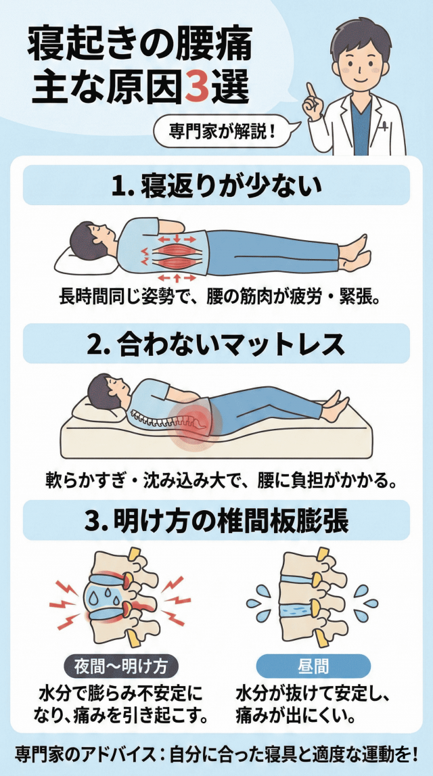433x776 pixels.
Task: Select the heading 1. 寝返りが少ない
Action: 216,185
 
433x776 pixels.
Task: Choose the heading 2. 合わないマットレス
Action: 216,343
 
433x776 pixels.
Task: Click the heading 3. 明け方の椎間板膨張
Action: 216,522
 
